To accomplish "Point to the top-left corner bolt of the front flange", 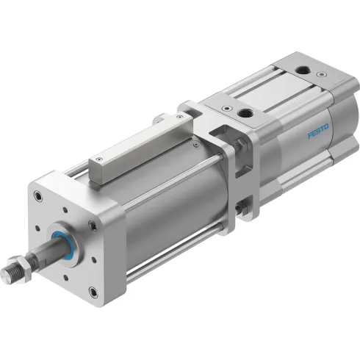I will point(36,196).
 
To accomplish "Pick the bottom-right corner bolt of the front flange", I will point(93,292).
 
